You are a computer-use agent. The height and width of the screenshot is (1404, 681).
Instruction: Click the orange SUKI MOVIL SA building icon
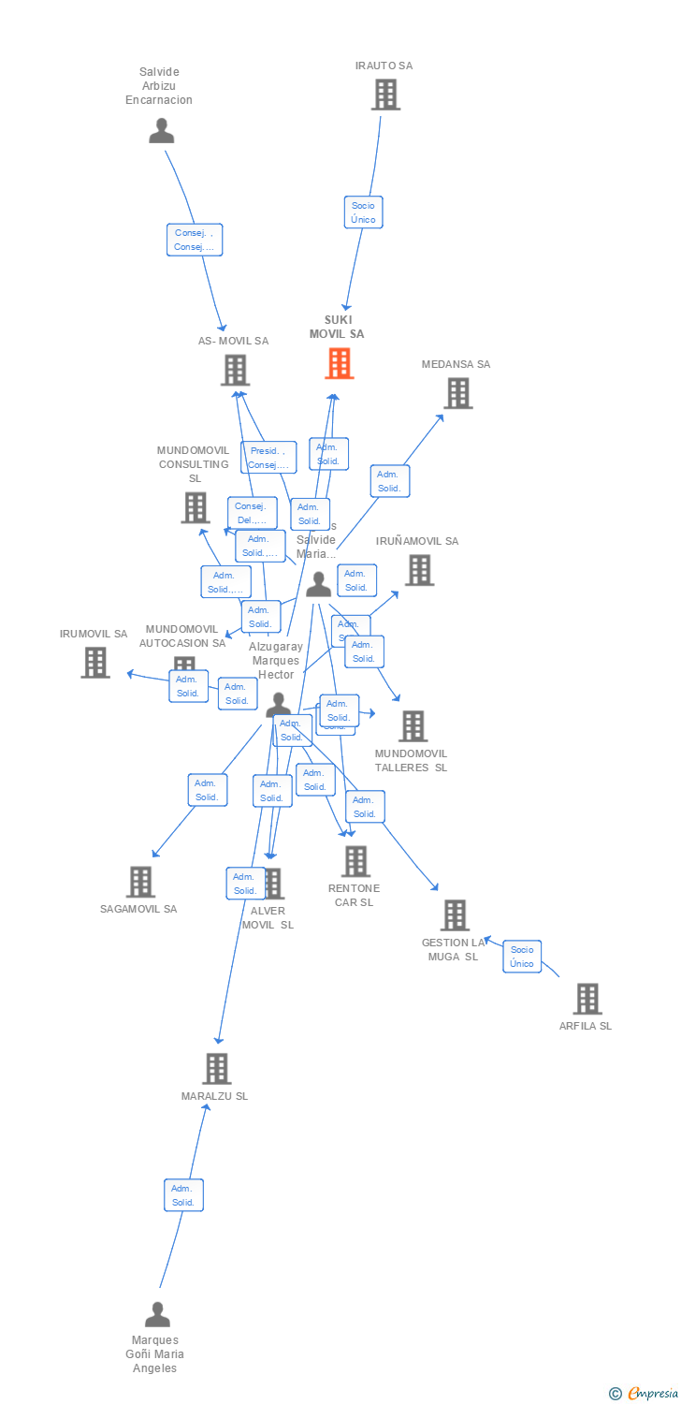[x=340, y=363]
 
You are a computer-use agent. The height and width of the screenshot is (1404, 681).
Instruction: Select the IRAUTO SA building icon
[x=384, y=95]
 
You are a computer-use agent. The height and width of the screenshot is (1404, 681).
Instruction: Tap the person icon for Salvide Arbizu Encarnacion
[x=161, y=131]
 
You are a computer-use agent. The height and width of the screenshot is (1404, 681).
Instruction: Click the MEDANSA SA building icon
[x=457, y=393]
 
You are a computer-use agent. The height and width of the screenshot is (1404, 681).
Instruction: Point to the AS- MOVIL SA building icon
[x=235, y=370]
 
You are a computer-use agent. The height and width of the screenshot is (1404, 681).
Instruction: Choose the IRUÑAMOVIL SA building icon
[x=418, y=569]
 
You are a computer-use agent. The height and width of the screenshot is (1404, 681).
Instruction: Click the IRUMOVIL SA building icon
[x=94, y=662]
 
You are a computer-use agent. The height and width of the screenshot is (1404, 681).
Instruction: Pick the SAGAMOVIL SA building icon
[x=139, y=881]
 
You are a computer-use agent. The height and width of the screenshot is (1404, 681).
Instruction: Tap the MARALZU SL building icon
[x=216, y=1068]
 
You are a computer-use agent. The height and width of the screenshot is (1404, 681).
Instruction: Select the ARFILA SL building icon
[x=587, y=999]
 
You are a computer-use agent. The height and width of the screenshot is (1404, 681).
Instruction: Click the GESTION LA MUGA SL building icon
[x=454, y=914]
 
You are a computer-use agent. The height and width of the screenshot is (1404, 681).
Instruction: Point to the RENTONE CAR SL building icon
[x=355, y=861]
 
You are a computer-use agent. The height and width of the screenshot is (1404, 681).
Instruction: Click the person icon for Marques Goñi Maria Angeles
[x=157, y=1314]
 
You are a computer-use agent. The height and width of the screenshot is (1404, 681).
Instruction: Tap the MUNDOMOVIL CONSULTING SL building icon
[x=195, y=507]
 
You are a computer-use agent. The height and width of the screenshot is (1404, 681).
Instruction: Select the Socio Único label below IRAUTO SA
[x=363, y=212]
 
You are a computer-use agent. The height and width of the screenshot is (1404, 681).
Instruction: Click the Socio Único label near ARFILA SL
[x=522, y=957]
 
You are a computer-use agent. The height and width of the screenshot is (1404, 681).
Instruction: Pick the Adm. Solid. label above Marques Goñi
[x=183, y=1195]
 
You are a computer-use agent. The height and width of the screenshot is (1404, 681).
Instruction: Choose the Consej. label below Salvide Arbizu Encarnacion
[x=195, y=241]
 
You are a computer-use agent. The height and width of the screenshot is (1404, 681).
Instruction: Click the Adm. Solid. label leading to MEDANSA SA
[x=389, y=481]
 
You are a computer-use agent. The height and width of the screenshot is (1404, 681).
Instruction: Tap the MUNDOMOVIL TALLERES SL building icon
[x=412, y=725]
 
